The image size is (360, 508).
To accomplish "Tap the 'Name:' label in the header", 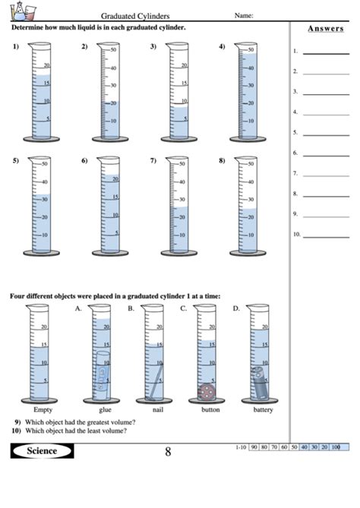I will click(244, 15).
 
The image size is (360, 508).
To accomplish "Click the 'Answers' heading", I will click(325, 29).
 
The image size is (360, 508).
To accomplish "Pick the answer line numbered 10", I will click(325, 235).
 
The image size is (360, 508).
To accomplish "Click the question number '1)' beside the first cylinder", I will click(15, 47).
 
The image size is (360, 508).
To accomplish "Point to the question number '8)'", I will click(222, 161).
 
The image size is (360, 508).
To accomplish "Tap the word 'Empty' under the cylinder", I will click(43, 409).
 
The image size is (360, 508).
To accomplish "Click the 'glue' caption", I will click(105, 409).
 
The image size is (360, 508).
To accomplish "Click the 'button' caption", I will click(210, 409).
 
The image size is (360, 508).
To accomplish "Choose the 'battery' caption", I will click(263, 409).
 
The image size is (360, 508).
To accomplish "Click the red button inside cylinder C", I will click(206, 391).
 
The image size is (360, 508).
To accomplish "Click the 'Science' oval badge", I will click(43, 451).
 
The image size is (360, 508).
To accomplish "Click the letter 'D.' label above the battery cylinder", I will click(236, 308).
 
